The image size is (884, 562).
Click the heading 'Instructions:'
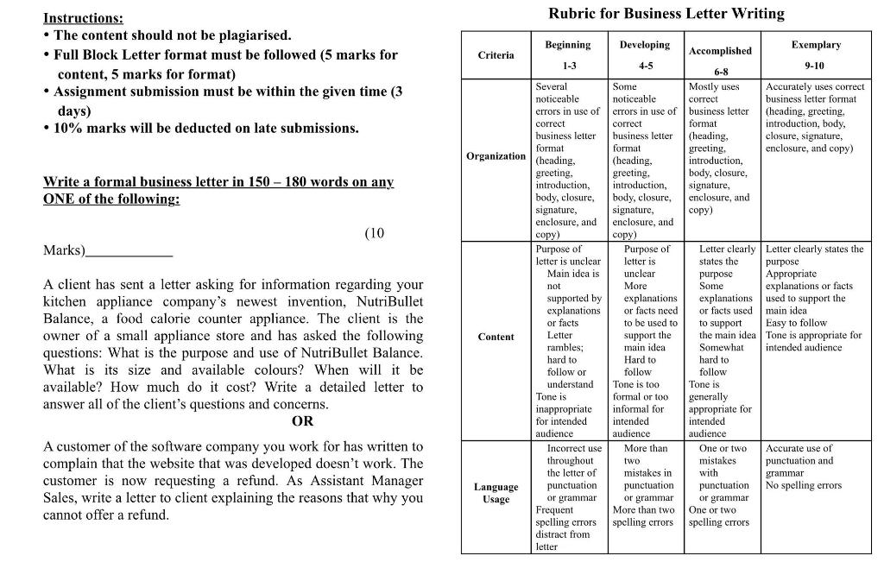coord(83,18)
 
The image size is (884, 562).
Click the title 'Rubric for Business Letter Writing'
coord(666,14)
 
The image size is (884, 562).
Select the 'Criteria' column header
coord(496,55)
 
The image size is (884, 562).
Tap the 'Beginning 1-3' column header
coord(567,55)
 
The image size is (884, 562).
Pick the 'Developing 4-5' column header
coord(645,55)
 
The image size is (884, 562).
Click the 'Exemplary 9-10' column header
coord(815,55)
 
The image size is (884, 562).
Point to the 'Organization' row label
coord(496,156)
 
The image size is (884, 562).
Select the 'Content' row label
coord(496,338)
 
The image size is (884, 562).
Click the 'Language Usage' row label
coord(496,493)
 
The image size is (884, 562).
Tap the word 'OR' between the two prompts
coord(302,421)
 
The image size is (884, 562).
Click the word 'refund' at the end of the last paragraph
coord(146,515)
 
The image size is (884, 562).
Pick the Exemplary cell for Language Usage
coord(815,467)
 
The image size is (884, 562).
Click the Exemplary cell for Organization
coord(815,117)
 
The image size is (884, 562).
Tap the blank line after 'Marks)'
coord(129,251)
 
